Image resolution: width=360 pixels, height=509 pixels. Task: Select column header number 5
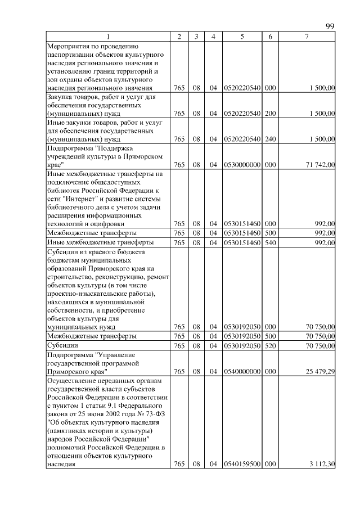pyautogui.click(x=241, y=37)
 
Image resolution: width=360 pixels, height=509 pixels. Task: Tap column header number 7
pyautogui.click(x=306, y=37)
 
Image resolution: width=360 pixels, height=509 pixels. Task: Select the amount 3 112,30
pyautogui.click(x=321, y=463)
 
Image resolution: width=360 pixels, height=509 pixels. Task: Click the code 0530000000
pyautogui.click(x=241, y=165)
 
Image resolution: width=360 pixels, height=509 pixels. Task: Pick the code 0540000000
pyautogui.click(x=241, y=371)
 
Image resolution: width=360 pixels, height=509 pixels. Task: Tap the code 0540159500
pyautogui.click(x=241, y=463)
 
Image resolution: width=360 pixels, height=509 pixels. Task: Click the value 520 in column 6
pyautogui.click(x=270, y=346)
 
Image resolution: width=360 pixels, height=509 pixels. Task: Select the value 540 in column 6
pyautogui.click(x=270, y=242)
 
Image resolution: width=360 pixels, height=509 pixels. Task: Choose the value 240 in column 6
pyautogui.click(x=270, y=139)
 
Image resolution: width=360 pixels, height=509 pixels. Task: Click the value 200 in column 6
pyautogui.click(x=270, y=114)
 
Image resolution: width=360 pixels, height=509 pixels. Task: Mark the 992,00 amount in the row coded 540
pyautogui.click(x=325, y=242)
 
